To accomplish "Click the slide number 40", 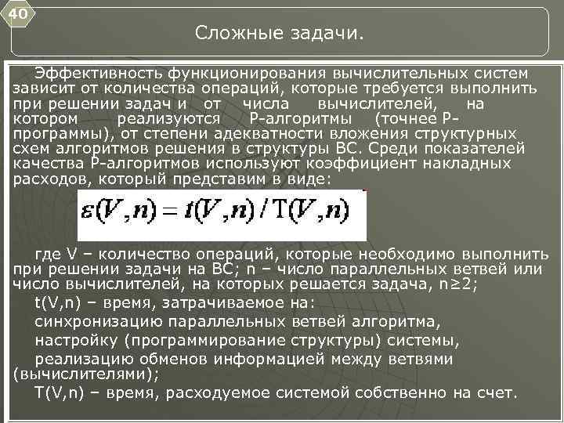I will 18,14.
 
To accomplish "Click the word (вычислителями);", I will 86,374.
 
